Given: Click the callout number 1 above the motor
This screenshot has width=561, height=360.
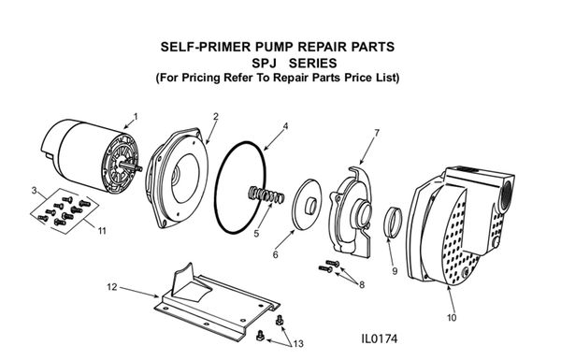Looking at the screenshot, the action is click(x=136, y=117).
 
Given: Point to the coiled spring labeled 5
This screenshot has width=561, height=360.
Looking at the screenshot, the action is click(x=266, y=195).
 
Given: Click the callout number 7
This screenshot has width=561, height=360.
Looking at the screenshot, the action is click(x=377, y=133).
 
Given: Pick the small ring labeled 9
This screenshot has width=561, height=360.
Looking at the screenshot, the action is click(x=394, y=222).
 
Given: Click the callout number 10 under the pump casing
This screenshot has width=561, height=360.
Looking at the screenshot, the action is click(x=452, y=317).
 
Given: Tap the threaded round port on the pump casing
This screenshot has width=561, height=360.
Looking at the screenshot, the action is click(x=506, y=195).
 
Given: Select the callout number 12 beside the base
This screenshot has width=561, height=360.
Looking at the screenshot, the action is click(x=112, y=287).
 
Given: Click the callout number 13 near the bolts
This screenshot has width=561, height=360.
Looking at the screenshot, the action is click(x=298, y=344).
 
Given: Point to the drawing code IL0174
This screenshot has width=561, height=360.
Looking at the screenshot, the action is click(x=380, y=338).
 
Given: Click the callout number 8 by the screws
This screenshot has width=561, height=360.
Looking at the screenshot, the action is click(x=362, y=284).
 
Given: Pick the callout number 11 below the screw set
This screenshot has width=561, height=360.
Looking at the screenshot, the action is click(x=102, y=231).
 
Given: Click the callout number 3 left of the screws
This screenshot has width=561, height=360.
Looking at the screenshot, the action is click(x=35, y=191).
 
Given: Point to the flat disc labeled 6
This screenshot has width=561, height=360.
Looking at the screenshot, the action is click(x=307, y=205).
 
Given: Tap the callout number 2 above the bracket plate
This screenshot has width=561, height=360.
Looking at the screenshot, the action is click(x=216, y=117).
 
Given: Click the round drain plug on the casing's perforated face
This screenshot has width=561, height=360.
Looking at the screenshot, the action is click(x=465, y=273).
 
